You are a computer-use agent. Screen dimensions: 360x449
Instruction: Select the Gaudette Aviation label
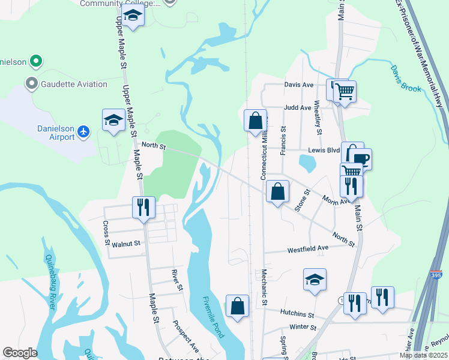coord(73,84)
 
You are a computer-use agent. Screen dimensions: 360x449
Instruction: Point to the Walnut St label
coord(125,244)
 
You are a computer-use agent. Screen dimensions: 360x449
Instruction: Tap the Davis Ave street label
coord(299,85)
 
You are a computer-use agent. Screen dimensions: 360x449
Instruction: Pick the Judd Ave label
coord(297,108)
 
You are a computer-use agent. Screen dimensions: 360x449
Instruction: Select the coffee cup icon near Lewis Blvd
coord(361,159)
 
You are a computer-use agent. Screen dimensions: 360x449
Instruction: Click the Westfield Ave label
coord(308,248)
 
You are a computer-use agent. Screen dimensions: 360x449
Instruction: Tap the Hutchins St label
coord(297,314)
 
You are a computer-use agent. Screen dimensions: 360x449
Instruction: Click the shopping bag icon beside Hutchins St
coord(238,305)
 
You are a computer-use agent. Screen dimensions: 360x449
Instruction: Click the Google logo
coord(20,353)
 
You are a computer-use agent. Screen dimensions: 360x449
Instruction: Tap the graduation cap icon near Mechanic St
coord(315,280)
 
